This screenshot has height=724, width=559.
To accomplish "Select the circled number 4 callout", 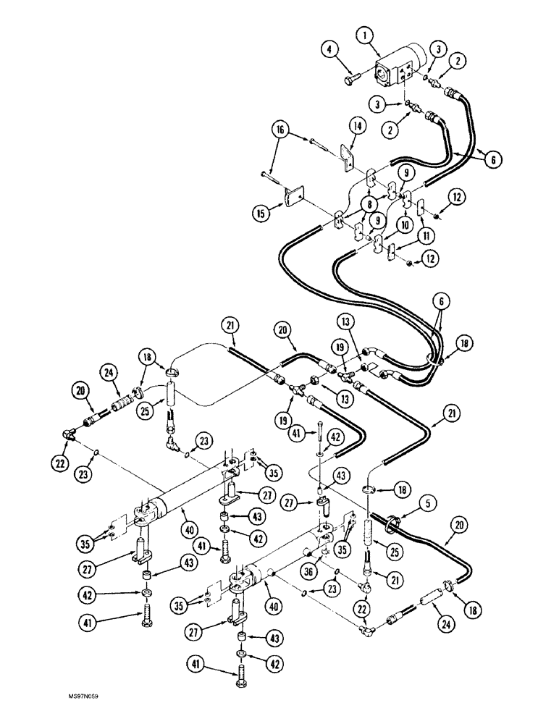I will [330, 49].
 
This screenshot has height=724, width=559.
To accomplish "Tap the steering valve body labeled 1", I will [397, 67].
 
